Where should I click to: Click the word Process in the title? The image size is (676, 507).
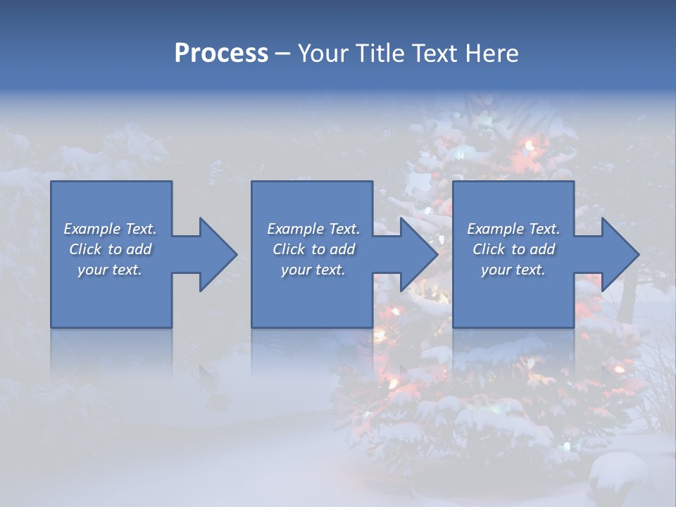point(221,54)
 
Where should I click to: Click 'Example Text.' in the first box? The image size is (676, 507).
point(110,229)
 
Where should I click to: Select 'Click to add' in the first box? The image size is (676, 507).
point(110,249)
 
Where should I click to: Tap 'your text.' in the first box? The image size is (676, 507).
point(110,270)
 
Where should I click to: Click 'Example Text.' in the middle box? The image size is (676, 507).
point(313,229)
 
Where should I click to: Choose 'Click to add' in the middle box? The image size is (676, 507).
point(313,249)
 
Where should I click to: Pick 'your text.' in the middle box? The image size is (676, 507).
point(313,270)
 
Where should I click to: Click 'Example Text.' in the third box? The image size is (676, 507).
point(513,229)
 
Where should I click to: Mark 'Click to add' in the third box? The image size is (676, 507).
point(513,249)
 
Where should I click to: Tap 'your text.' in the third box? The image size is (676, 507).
point(513,270)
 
